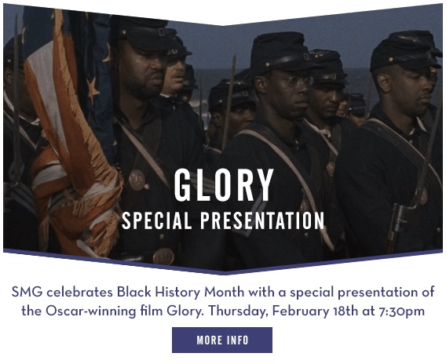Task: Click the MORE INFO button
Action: (222, 340)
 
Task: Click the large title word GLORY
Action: (224, 185)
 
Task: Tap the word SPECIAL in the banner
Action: (157, 220)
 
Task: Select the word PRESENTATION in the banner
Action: (262, 220)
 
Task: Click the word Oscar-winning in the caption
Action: (91, 311)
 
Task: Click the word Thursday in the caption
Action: (238, 311)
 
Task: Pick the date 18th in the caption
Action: (345, 311)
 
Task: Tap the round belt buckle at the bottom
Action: (163, 257)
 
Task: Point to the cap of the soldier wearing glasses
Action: (282, 54)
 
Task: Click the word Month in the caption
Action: (225, 292)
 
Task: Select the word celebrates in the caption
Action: (79, 292)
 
